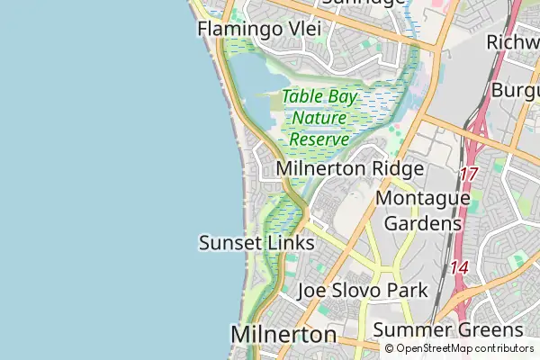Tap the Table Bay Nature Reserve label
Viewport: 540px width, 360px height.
click(319, 118)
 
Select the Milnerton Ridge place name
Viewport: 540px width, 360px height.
click(350, 168)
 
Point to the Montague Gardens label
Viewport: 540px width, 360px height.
click(422, 210)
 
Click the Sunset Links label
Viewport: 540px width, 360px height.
click(256, 243)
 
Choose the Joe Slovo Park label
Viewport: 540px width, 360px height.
click(363, 291)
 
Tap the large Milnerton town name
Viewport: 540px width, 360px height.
click(283, 334)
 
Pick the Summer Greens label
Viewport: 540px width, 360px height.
click(447, 329)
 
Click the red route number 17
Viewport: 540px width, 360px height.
click(468, 174)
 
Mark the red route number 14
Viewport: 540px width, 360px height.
click(460, 267)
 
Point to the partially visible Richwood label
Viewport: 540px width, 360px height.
click(512, 42)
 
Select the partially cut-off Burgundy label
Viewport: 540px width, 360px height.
click(516, 91)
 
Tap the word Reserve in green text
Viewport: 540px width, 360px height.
click(319, 139)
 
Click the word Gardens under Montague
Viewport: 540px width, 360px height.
click(422, 222)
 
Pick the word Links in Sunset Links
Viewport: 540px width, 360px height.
click(292, 243)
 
